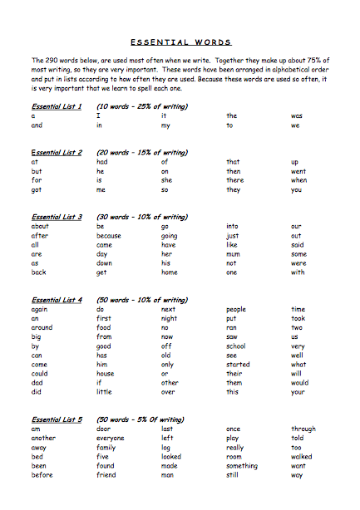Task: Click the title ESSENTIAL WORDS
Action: tap(180, 42)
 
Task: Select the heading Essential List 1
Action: tap(57, 106)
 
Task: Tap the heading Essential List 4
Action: tap(57, 300)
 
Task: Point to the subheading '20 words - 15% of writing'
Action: tap(142, 153)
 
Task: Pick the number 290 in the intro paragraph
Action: tap(53, 61)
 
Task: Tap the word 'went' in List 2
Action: tap(298, 171)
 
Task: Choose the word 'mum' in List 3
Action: tap(234, 254)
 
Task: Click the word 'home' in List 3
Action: tap(170, 272)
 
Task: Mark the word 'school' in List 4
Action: tap(237, 346)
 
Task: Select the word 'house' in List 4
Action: tap(107, 374)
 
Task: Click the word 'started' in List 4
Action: tap(238, 365)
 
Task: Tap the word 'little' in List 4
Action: tap(104, 392)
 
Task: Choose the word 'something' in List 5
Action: tap(242, 466)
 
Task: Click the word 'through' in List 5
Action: tap(303, 429)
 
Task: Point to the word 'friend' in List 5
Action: tap(106, 475)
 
